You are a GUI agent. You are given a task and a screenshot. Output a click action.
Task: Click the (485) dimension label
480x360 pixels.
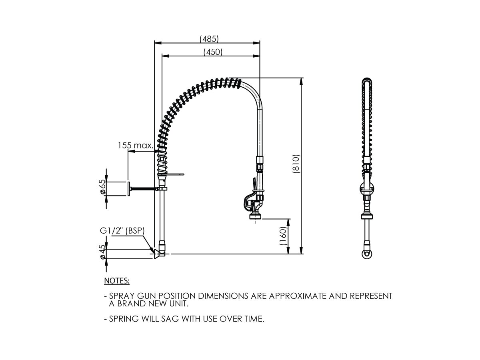(209, 38)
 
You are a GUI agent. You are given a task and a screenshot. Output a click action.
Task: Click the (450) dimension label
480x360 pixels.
(213, 52)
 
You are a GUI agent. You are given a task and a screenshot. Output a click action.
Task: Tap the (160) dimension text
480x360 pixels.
(283, 236)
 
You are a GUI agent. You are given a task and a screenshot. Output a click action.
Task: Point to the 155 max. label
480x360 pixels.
(136, 146)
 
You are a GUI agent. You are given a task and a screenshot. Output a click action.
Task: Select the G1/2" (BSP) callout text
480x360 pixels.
(122, 231)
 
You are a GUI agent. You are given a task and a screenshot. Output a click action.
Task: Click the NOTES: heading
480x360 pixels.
(117, 281)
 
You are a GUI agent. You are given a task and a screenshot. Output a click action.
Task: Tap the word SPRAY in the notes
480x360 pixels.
(123, 296)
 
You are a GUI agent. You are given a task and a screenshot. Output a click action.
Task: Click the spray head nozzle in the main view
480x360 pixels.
(256, 216)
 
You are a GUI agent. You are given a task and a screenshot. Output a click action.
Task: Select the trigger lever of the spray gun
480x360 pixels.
(254, 184)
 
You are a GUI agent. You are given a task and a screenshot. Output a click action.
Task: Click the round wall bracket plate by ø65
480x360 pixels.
(128, 188)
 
